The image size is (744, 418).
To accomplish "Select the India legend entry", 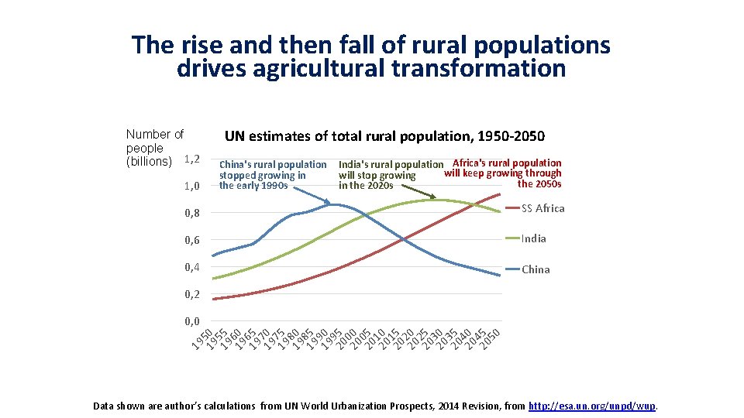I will pos(533,238).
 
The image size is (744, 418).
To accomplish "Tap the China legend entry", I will pos(536,269).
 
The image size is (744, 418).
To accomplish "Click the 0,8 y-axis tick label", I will pos(191,213).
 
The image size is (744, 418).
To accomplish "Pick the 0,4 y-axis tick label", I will pos(191,267).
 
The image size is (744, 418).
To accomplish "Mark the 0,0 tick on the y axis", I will pos(191,321).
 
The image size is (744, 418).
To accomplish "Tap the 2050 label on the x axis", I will pos(491,337).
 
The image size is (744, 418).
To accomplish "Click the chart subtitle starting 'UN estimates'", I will pos(384,136).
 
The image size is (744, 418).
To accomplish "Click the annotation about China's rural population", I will pos(273,175).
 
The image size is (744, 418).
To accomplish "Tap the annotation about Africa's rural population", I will pos(504,173).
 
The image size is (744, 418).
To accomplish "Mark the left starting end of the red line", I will pos(214,299).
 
